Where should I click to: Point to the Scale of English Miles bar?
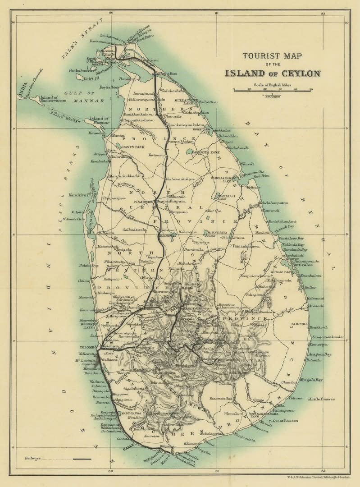click(x=273, y=90)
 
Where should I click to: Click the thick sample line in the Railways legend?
click(x=82, y=459)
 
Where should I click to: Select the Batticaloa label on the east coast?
click(x=308, y=265)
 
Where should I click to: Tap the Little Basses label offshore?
click(x=321, y=399)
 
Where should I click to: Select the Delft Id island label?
click(x=92, y=78)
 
